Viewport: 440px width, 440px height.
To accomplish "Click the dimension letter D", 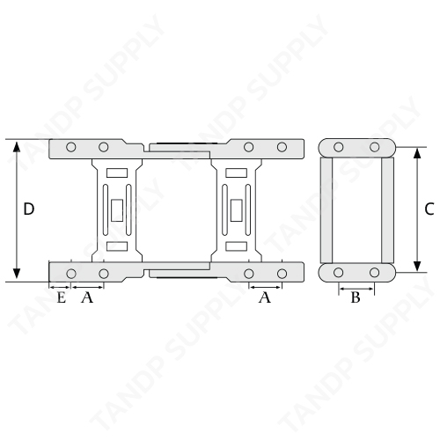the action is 29,209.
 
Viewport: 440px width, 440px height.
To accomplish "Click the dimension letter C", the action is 429,209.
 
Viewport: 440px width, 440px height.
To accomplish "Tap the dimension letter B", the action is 356,297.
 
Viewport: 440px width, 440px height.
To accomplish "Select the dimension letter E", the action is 61,297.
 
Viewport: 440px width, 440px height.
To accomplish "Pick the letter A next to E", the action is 87,297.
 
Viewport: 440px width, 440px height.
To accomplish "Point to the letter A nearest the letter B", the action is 265,297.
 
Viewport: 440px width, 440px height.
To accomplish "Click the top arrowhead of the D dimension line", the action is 17,146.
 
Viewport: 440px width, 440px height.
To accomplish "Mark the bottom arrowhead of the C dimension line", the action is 417,267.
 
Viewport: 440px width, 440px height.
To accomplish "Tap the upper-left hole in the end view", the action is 339,147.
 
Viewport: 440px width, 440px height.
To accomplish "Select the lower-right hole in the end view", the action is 374,273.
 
